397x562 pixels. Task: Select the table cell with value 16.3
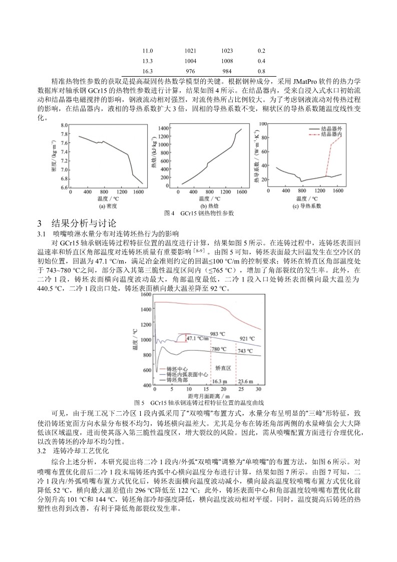click(148, 71)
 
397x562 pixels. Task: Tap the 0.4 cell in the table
click(261, 61)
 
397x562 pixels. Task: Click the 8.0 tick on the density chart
click(65, 125)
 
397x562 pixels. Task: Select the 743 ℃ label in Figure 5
click(246, 351)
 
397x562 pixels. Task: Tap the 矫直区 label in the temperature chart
click(223, 367)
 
